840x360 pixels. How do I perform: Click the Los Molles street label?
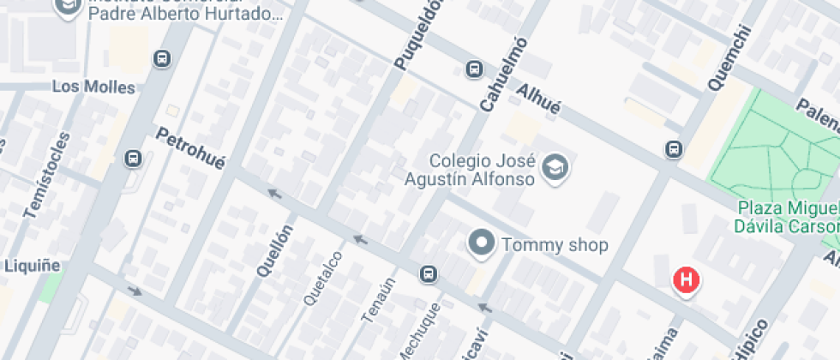click(93, 87)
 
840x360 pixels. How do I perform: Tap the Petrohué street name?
click(190, 147)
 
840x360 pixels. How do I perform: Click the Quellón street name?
click(275, 249)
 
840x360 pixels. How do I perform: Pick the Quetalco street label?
click(323, 278)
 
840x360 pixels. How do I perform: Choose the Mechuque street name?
click(420, 331)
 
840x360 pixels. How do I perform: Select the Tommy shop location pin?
click(482, 243)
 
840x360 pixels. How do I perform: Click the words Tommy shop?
click(555, 245)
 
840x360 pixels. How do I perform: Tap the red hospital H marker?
click(686, 279)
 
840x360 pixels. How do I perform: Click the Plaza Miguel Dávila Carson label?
click(786, 218)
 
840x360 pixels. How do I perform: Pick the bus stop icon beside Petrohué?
click(133, 159)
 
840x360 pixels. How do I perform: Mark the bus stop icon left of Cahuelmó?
click(473, 69)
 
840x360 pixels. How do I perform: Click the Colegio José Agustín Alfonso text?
click(482, 170)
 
